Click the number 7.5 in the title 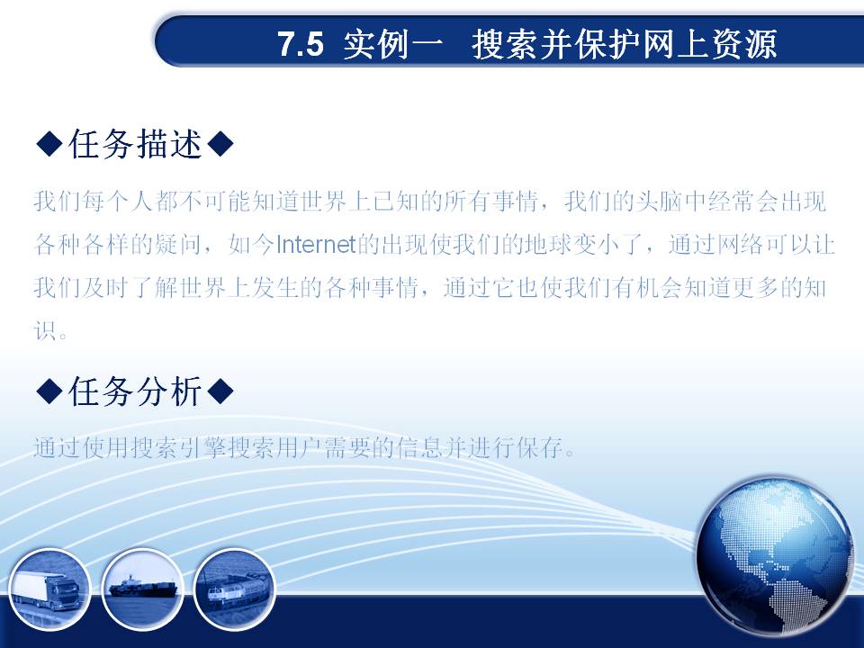point(301,44)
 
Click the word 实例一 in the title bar point(393,44)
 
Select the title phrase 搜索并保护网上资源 point(625,44)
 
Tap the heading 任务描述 point(135,144)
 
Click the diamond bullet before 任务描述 point(49,144)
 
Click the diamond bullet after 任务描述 point(221,144)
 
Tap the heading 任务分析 point(135,391)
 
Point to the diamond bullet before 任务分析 point(49,391)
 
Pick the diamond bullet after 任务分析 point(221,391)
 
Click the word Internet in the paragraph point(316,244)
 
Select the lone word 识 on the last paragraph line point(45,330)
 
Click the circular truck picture point(49,589)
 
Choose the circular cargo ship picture point(143,589)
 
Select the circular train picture point(235,589)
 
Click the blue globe point(775,556)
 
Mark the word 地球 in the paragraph point(548,244)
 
